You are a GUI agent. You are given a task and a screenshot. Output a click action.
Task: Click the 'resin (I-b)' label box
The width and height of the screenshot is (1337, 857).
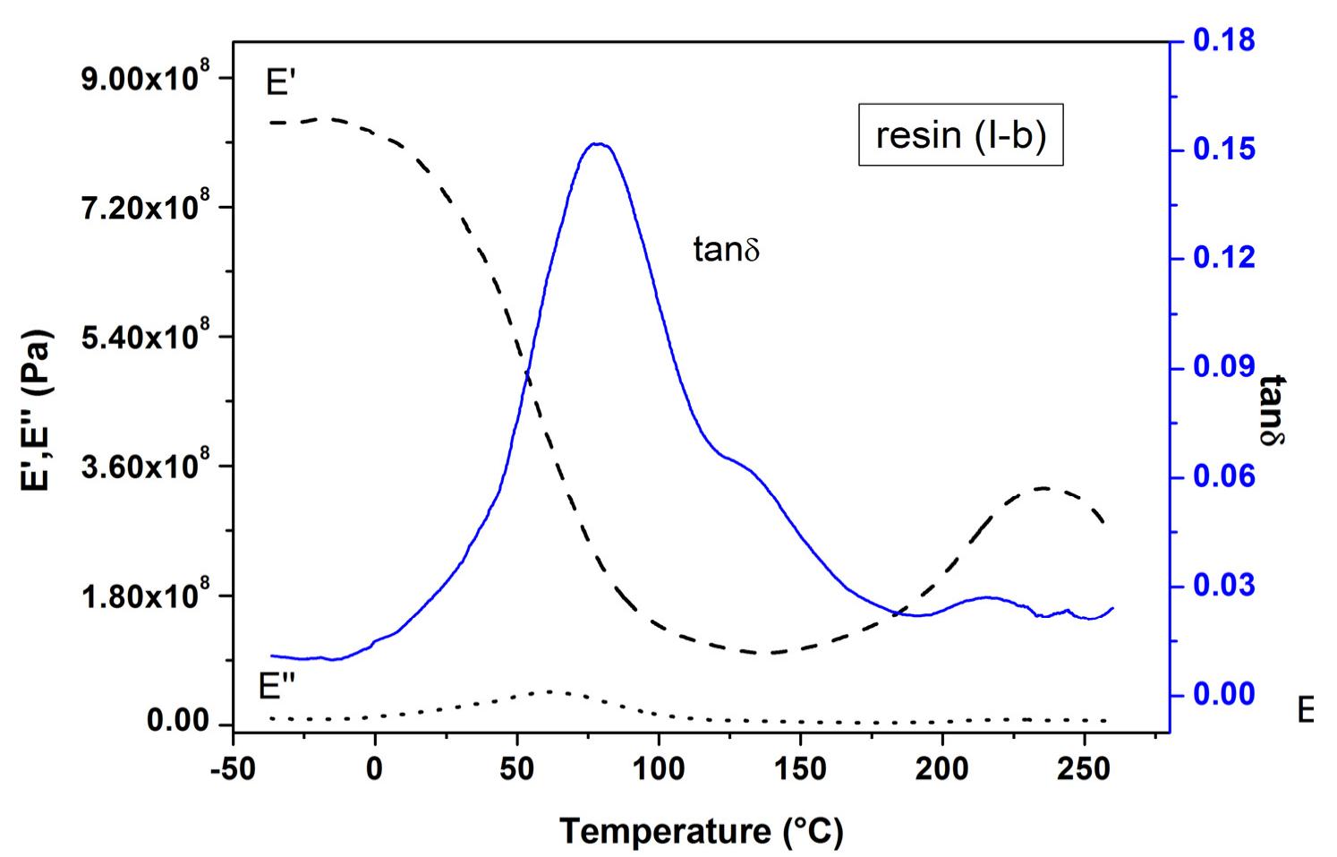coord(960,135)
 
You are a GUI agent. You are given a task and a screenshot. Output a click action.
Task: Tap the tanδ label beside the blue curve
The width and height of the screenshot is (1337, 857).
coord(726,249)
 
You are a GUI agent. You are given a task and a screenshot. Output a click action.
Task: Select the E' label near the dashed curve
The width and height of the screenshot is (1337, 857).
coord(281,83)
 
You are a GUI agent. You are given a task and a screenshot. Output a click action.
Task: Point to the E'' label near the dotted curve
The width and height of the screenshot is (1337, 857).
coord(277,687)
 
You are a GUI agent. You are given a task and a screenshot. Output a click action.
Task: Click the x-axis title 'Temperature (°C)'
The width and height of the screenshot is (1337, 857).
coord(701,831)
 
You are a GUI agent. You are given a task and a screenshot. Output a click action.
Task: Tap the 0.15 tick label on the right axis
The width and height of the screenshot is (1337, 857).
coord(1223,149)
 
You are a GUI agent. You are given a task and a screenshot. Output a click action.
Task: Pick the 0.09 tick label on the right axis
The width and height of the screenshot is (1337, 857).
coord(1223,367)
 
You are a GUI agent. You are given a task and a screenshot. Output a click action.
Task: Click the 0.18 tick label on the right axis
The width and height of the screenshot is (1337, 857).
coord(1223,40)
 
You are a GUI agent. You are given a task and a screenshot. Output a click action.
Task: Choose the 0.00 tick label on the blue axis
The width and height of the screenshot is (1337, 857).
coord(1223,695)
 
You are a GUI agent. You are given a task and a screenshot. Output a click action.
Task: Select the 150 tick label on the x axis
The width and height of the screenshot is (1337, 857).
coord(800,769)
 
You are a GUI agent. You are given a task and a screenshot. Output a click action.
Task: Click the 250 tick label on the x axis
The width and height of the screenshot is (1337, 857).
coord(1084,769)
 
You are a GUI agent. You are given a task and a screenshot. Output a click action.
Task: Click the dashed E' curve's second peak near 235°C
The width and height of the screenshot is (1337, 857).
coord(1043,488)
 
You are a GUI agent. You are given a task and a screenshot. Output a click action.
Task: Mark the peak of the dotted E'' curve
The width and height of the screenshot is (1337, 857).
coord(549,691)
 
